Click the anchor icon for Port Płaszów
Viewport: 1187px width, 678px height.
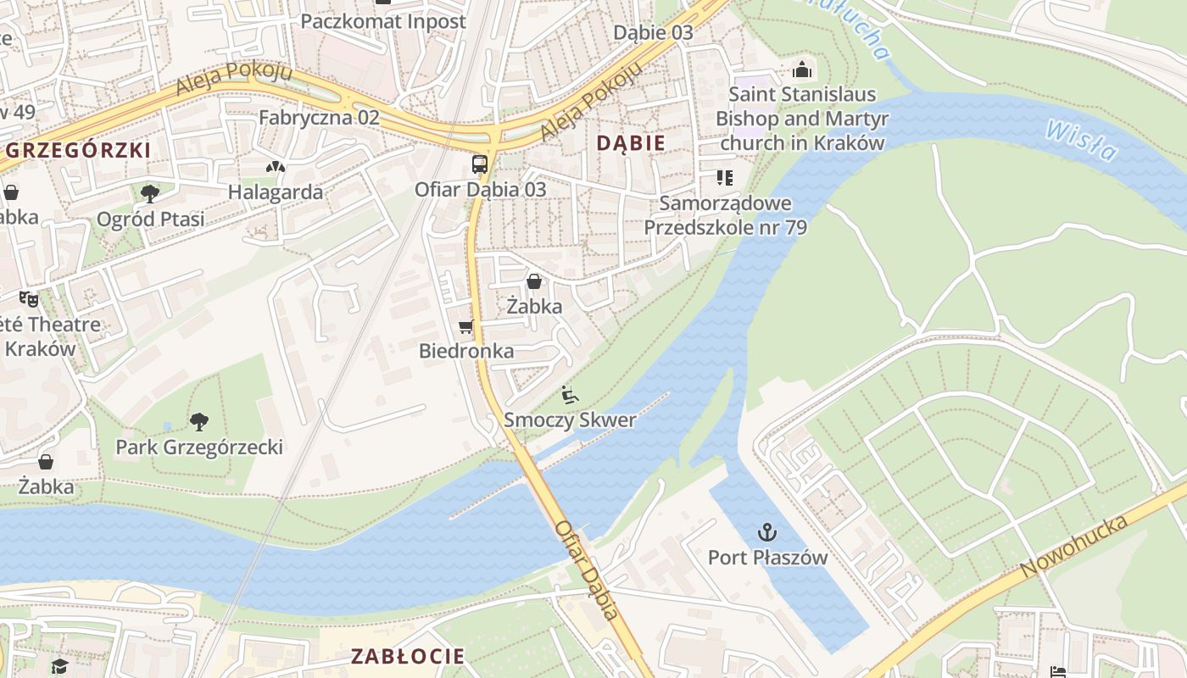pyautogui.click(x=767, y=532)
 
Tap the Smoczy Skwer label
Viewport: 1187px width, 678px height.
pyautogui.click(x=570, y=420)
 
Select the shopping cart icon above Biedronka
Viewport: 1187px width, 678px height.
pyautogui.click(x=465, y=327)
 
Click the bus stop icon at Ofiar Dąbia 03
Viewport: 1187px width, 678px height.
pyautogui.click(x=480, y=164)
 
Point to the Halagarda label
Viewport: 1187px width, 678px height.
pyautogui.click(x=275, y=192)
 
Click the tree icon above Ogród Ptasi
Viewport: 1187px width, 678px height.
pyautogui.click(x=150, y=194)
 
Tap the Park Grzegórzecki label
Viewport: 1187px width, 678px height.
pyautogui.click(x=199, y=447)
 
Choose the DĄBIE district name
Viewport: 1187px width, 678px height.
pyautogui.click(x=631, y=143)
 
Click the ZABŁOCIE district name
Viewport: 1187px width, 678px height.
pyautogui.click(x=408, y=656)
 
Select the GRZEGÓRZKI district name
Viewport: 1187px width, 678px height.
pyautogui.click(x=79, y=151)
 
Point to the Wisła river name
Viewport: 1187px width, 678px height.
pyautogui.click(x=1082, y=141)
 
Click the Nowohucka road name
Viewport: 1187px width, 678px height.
pyautogui.click(x=1074, y=547)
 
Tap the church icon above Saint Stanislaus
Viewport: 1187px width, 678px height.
pyautogui.click(x=801, y=69)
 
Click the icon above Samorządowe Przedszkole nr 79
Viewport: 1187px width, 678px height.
pyautogui.click(x=725, y=178)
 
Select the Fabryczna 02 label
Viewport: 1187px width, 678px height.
pyautogui.click(x=319, y=118)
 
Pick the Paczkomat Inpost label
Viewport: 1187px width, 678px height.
pyautogui.click(x=383, y=21)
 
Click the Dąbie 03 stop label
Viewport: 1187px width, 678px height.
pyautogui.click(x=653, y=33)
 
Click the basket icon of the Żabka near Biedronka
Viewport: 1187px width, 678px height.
pyautogui.click(x=534, y=281)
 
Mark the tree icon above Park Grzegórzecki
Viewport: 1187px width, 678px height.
pyautogui.click(x=199, y=421)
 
